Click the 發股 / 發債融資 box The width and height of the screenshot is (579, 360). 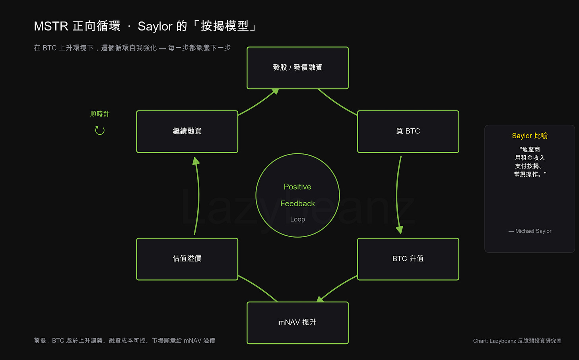tap(297, 68)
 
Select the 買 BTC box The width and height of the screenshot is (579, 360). tap(408, 132)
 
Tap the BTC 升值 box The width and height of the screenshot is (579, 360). tap(408, 259)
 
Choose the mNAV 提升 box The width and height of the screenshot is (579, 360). tap(297, 323)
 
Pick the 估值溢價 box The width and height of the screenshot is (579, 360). tap(187, 259)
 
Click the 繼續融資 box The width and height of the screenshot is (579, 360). tap(187, 132)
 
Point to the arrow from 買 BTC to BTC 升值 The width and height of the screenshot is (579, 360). tap(397, 195)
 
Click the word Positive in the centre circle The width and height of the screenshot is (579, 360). tap(297, 187)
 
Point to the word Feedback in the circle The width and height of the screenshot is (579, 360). tap(297, 203)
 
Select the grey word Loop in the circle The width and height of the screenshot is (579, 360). tap(297, 219)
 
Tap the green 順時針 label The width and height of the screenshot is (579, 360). tap(100, 114)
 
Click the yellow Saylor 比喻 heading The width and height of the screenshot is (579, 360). tap(530, 136)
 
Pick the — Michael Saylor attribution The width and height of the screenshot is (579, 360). tap(530, 231)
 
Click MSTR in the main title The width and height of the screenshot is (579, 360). tap(51, 26)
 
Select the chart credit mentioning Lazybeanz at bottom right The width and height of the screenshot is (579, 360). tap(517, 341)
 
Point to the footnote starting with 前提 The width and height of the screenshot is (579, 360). tap(124, 341)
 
